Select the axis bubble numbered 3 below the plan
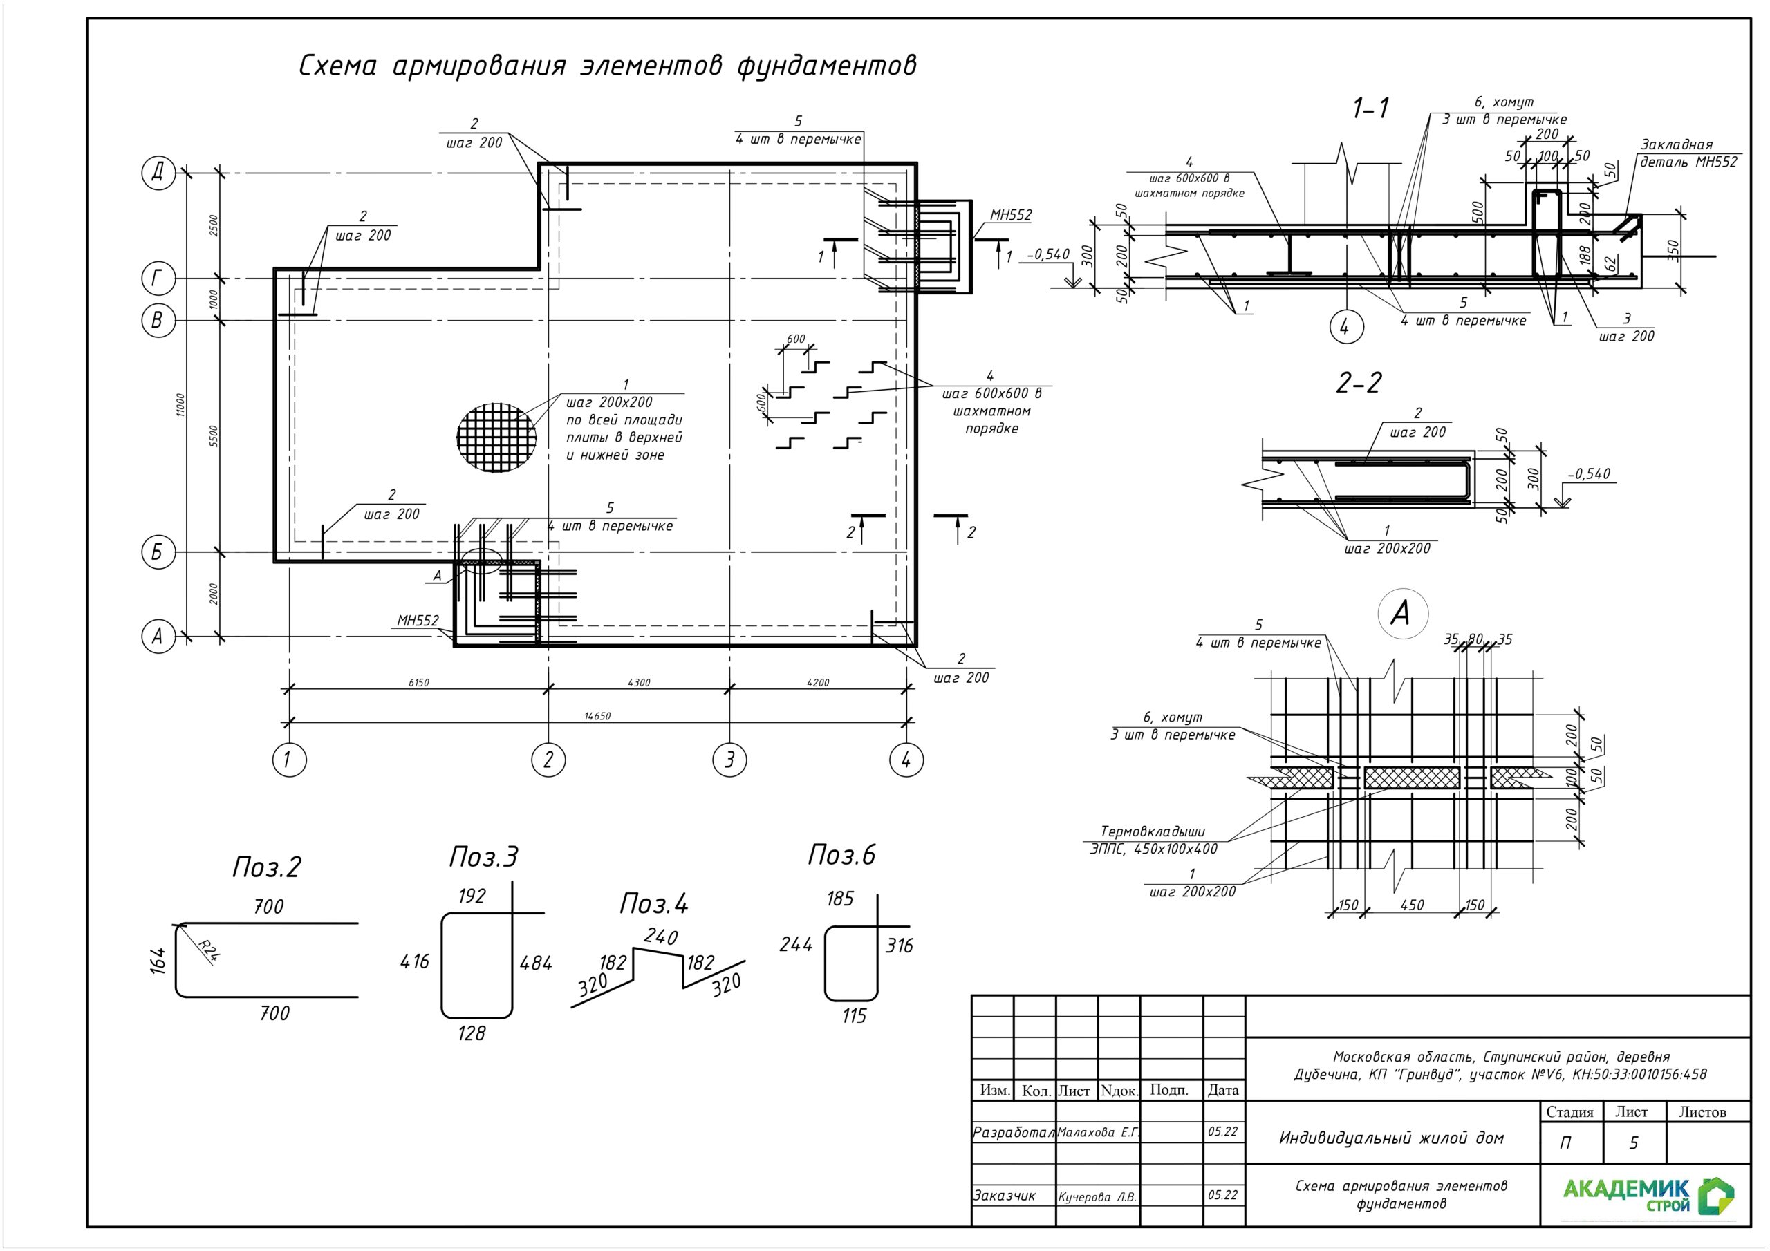pyautogui.click(x=729, y=760)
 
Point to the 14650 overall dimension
pyautogui.click(x=597, y=716)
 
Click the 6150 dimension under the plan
pyautogui.click(x=418, y=683)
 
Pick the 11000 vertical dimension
pyautogui.click(x=180, y=404)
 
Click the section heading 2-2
pyautogui.click(x=1359, y=383)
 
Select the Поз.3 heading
pyautogui.click(x=484, y=857)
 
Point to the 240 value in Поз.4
pyautogui.click(x=661, y=937)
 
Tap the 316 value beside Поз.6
pyautogui.click(x=899, y=946)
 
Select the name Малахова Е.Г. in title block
pyautogui.click(x=1098, y=1132)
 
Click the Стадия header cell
pyautogui.click(x=1569, y=1112)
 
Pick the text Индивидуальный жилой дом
pyautogui.click(x=1392, y=1138)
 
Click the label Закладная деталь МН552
pyautogui.click(x=1688, y=153)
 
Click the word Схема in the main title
pyautogui.click(x=337, y=66)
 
